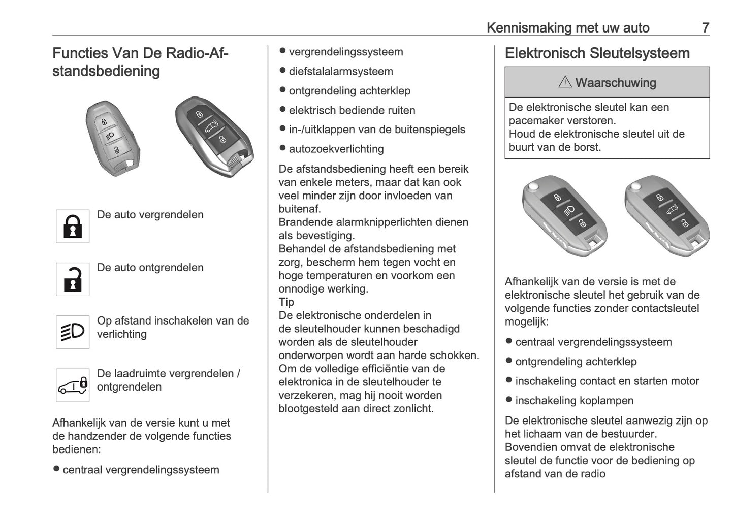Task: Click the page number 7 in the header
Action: (x=705, y=27)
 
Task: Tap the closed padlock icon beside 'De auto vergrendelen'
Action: (x=73, y=226)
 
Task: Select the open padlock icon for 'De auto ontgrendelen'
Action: (x=73, y=279)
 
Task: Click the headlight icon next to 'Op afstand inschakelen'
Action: (x=73, y=332)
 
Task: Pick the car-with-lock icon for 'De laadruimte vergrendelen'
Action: (x=73, y=385)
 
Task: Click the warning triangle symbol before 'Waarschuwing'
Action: (x=565, y=82)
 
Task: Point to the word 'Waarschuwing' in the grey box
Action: (x=616, y=82)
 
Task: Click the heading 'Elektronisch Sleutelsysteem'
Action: (x=597, y=53)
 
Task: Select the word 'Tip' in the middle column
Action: (x=286, y=302)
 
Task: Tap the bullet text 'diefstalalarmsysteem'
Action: (x=341, y=72)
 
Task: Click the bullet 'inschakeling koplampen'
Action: (x=575, y=401)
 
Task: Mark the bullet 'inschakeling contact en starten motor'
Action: (x=607, y=381)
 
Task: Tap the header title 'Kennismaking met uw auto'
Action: (x=568, y=27)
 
